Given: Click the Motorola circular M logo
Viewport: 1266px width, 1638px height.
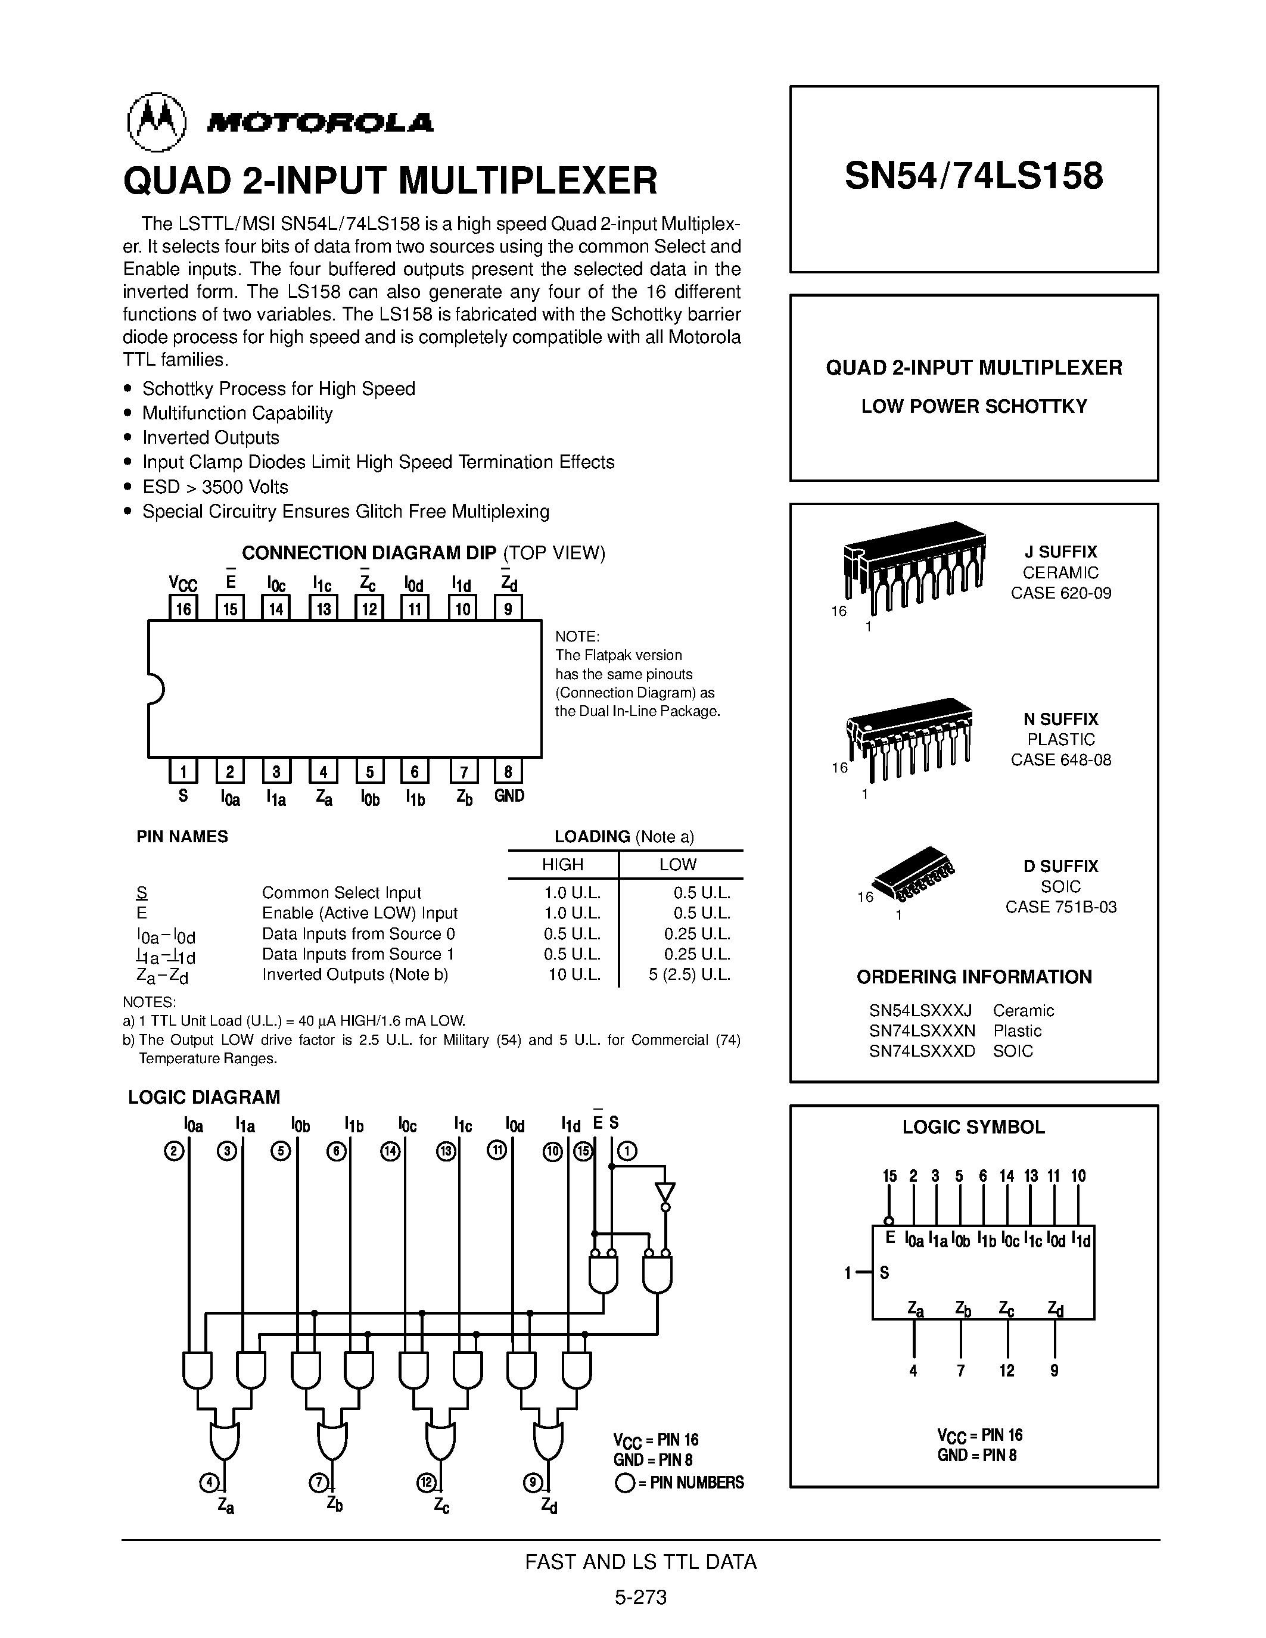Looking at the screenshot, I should click(x=156, y=122).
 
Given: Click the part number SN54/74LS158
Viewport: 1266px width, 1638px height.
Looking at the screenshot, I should click(x=973, y=176).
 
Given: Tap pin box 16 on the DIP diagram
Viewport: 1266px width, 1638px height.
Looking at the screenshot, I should click(x=183, y=608).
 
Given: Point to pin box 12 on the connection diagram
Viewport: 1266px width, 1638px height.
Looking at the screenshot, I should click(x=369, y=608).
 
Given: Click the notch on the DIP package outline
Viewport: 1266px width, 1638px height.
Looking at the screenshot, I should click(x=156, y=689).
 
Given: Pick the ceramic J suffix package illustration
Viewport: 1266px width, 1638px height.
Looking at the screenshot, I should click(x=913, y=564).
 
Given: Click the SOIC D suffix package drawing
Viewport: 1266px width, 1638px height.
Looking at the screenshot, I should click(x=913, y=874).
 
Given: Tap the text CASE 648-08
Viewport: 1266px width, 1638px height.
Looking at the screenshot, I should click(x=1060, y=760).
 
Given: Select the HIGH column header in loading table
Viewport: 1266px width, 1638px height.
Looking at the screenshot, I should click(x=562, y=865).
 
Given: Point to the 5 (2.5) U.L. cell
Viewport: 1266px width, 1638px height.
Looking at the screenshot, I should click(x=689, y=974).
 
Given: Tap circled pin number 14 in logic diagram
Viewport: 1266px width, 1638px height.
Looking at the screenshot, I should click(x=390, y=1151).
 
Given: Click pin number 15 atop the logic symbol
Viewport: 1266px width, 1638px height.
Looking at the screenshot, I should click(x=889, y=1176).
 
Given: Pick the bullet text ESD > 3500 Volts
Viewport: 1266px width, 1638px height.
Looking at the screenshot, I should click(x=214, y=487).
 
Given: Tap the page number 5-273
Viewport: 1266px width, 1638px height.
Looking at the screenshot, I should click(x=640, y=1597).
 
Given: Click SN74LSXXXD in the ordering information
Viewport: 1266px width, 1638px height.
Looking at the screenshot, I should click(x=922, y=1051).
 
